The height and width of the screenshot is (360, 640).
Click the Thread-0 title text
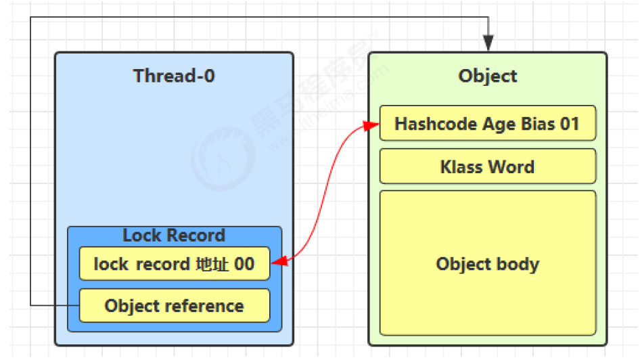point(174,76)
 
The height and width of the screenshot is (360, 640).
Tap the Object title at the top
point(487,76)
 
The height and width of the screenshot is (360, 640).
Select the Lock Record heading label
point(174,235)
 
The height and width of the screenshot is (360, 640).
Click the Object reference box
point(175,306)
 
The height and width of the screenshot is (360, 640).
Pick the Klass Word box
point(487,167)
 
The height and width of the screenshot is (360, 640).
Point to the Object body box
point(487,263)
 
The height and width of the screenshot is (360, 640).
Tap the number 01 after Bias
point(569,125)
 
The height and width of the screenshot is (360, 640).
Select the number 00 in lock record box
point(244,264)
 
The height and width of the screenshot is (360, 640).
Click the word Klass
point(460,167)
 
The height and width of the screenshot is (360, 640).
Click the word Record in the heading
point(199,235)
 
